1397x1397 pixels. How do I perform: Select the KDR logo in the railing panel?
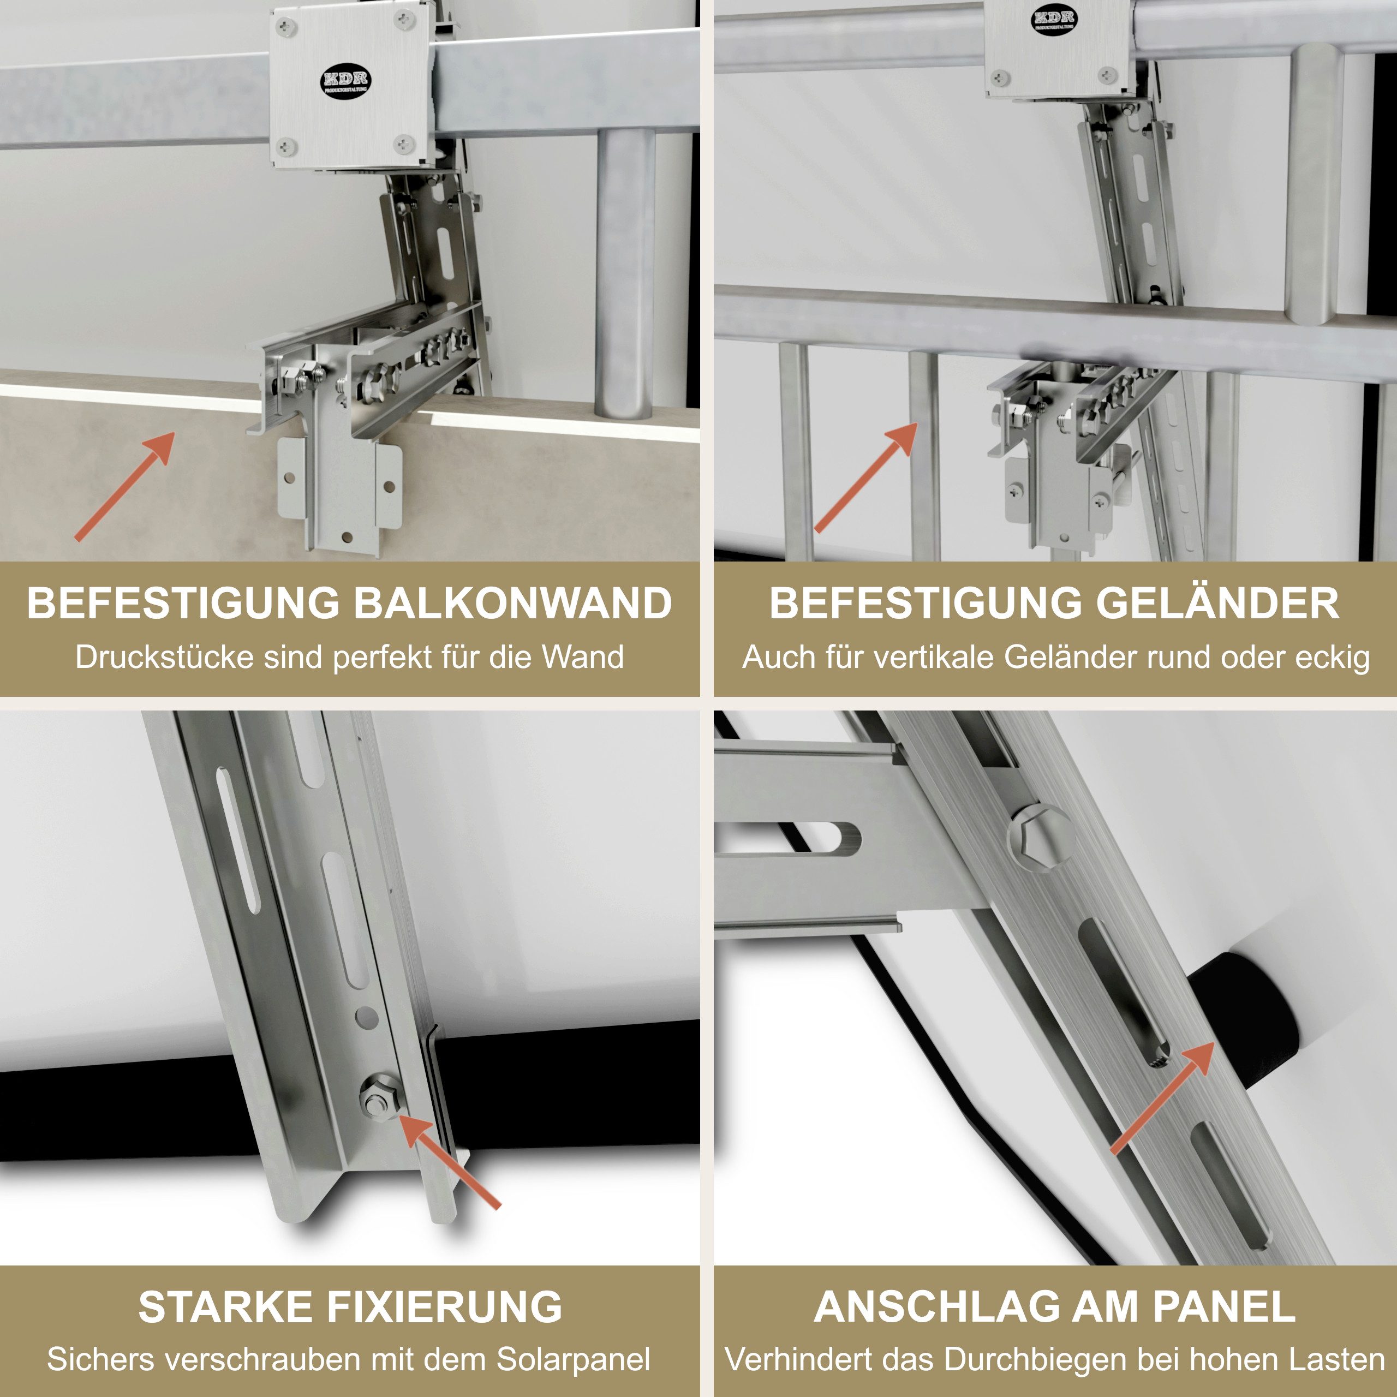[1054, 20]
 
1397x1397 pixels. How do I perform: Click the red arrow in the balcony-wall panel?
[124, 486]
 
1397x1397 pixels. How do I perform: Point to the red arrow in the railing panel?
[865, 477]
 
